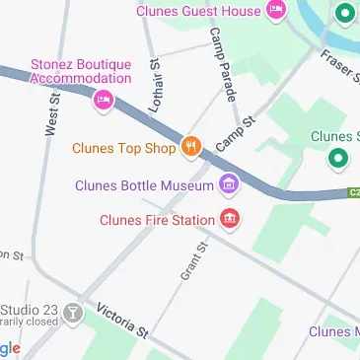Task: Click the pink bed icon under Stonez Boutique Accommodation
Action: (103, 99)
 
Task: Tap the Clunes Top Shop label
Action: (123, 149)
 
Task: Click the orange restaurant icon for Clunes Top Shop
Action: (190, 149)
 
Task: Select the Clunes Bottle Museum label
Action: (145, 184)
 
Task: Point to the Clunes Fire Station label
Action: (157, 220)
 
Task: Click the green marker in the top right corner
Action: (344, 14)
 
